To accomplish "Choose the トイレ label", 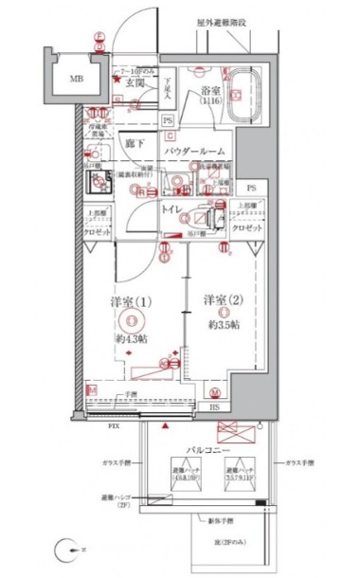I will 172,208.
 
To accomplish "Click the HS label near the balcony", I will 214,407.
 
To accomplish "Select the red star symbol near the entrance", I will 117,80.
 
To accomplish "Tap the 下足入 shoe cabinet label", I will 164,90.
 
